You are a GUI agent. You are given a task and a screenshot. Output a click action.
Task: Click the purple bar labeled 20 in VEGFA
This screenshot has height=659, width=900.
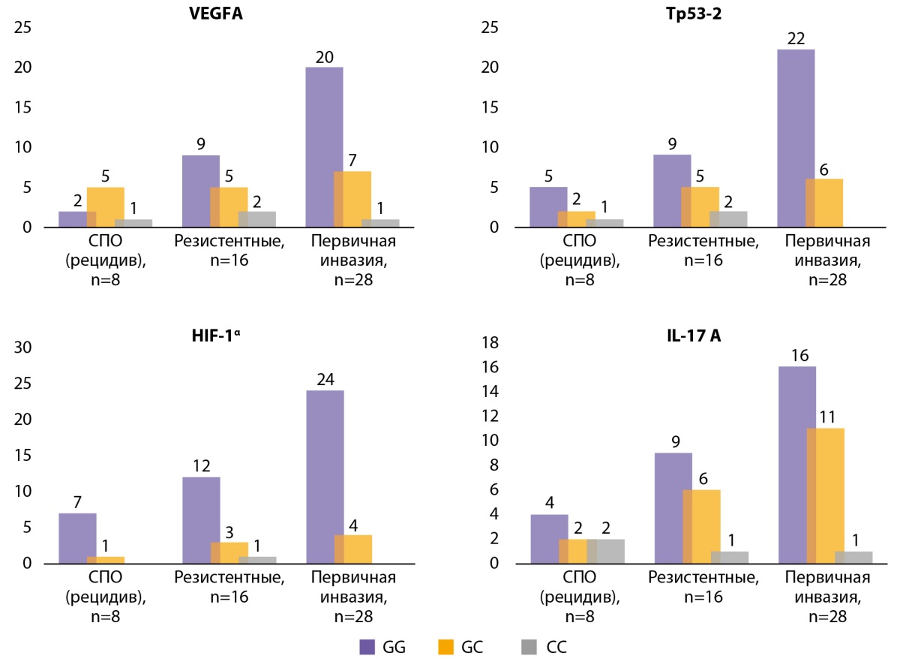325,146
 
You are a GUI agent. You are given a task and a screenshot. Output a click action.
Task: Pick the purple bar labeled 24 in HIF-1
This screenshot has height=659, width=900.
325,476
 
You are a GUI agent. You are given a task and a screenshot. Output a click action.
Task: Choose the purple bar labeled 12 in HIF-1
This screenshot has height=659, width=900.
201,519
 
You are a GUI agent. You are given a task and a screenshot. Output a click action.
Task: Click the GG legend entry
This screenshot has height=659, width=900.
382,646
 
